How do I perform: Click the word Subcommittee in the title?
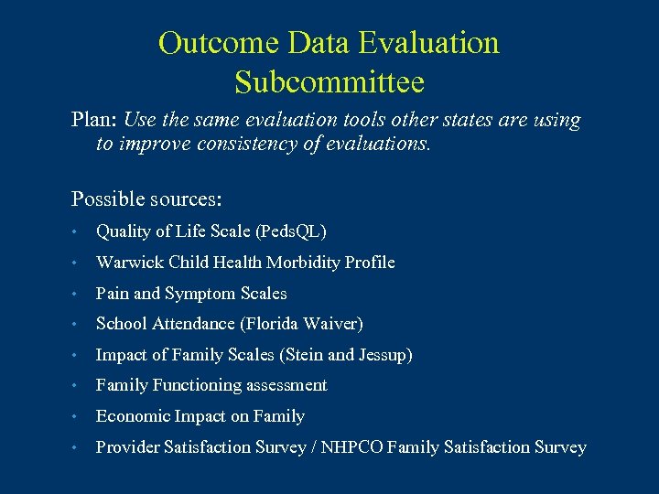(x=329, y=82)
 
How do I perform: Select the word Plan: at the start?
(x=94, y=121)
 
